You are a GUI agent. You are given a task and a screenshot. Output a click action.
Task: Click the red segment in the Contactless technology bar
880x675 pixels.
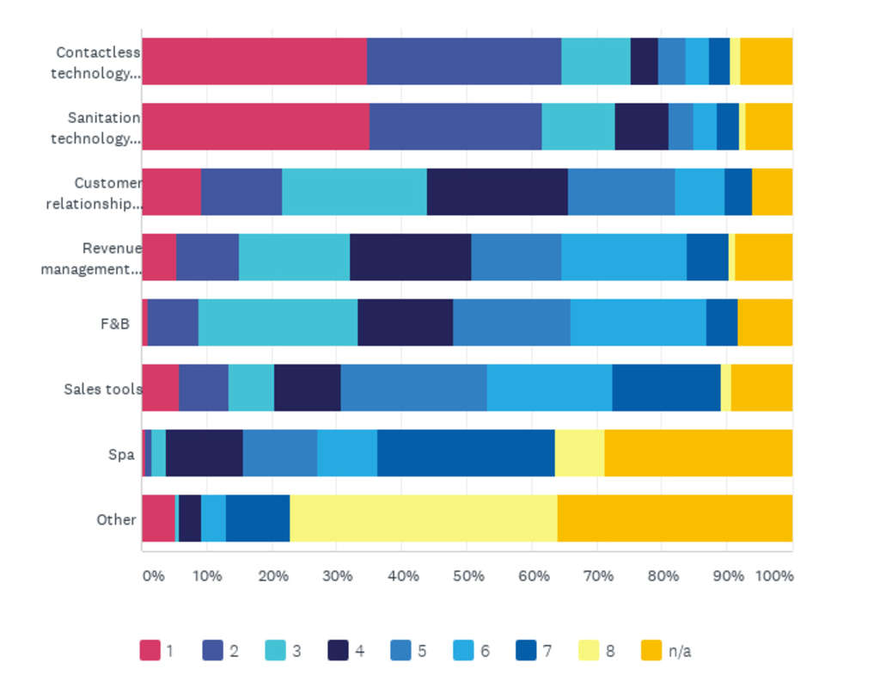(254, 61)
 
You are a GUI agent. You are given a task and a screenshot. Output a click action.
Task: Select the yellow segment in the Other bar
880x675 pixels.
(423, 519)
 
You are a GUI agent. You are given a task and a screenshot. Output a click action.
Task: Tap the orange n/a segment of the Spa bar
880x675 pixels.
(698, 453)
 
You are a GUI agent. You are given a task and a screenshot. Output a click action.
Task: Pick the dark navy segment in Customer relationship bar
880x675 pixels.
(497, 192)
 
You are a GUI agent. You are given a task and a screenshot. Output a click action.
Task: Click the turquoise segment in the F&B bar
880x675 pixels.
(278, 322)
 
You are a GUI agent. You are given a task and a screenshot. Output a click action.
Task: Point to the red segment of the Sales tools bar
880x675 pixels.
(160, 388)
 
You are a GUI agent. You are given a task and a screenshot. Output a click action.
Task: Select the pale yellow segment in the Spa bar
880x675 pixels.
(579, 453)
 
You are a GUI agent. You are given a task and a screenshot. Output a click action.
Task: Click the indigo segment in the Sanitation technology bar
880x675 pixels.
(455, 126)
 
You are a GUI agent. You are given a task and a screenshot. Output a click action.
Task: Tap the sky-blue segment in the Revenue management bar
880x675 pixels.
(623, 257)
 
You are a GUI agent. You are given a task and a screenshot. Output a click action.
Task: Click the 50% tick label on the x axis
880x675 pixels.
(468, 575)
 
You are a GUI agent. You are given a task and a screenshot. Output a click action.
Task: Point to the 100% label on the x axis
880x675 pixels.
(774, 575)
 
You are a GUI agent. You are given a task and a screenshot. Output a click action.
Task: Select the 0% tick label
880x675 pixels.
(152, 575)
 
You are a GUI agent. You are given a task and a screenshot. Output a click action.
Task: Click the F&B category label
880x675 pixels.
(119, 323)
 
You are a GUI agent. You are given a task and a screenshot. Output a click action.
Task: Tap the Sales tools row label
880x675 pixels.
(102, 389)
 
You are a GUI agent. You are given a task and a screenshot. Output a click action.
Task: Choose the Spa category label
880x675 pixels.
(121, 454)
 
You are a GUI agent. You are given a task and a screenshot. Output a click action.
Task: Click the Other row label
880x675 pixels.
(116, 519)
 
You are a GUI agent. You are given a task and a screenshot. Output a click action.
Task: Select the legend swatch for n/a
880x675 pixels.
(651, 651)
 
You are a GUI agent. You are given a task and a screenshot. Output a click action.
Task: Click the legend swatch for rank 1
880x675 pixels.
(150, 651)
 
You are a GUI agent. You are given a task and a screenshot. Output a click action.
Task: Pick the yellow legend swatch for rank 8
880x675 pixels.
(589, 651)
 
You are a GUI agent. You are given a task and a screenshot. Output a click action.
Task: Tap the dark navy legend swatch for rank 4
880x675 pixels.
(339, 651)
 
